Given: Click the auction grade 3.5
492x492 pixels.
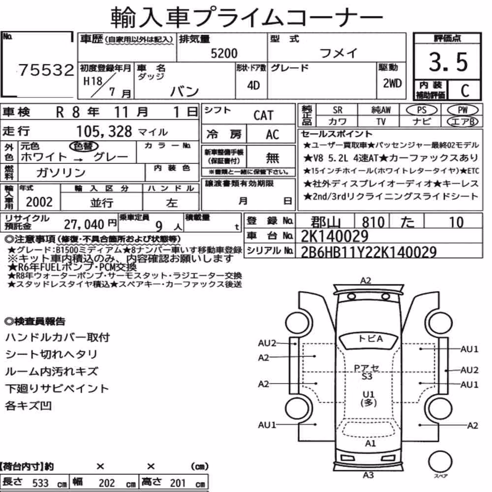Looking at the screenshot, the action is coord(448,62).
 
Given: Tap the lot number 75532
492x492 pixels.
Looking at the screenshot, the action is coord(46,70).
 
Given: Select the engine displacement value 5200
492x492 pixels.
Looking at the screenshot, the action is coord(224,53).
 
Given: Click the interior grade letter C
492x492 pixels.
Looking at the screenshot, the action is coord(465,91).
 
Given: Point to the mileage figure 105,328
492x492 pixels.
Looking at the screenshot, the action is coord(104,131).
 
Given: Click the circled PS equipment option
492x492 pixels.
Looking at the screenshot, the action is coord(422,110).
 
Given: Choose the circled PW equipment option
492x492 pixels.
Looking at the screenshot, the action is coord(462,110).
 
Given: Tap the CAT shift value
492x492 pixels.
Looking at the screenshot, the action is coord(263,115).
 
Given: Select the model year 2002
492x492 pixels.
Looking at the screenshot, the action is coord(39,202).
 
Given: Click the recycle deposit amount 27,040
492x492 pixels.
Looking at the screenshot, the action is coord(84,224).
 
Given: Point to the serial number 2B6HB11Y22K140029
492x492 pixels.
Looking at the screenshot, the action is coord(369,252).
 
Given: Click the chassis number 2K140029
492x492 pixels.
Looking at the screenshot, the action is coord(335,236).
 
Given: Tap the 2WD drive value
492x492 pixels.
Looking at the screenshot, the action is coord(392,83).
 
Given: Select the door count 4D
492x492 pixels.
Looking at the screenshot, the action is coord(253,85).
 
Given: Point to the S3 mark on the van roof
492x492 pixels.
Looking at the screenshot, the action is coord(367,376).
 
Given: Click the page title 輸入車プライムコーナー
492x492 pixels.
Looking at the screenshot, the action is coord(246,18).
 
